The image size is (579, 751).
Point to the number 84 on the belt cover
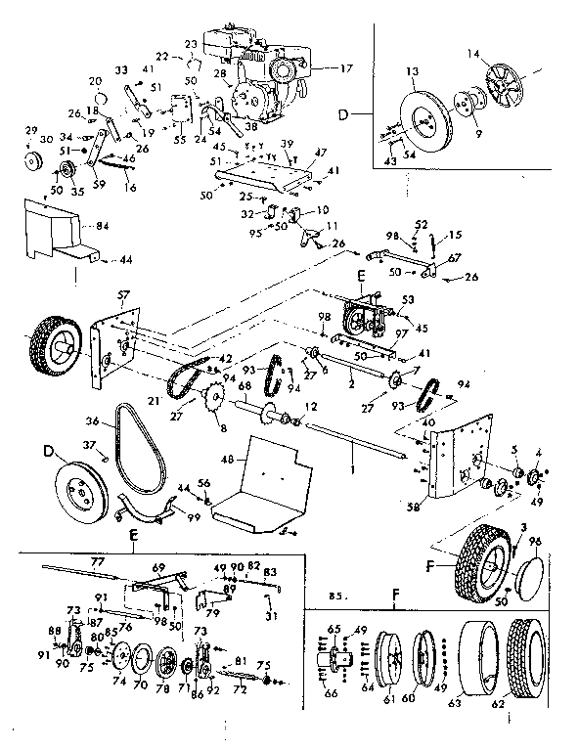98,227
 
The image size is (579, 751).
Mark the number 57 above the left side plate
122,292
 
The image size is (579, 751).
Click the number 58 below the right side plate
412,508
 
